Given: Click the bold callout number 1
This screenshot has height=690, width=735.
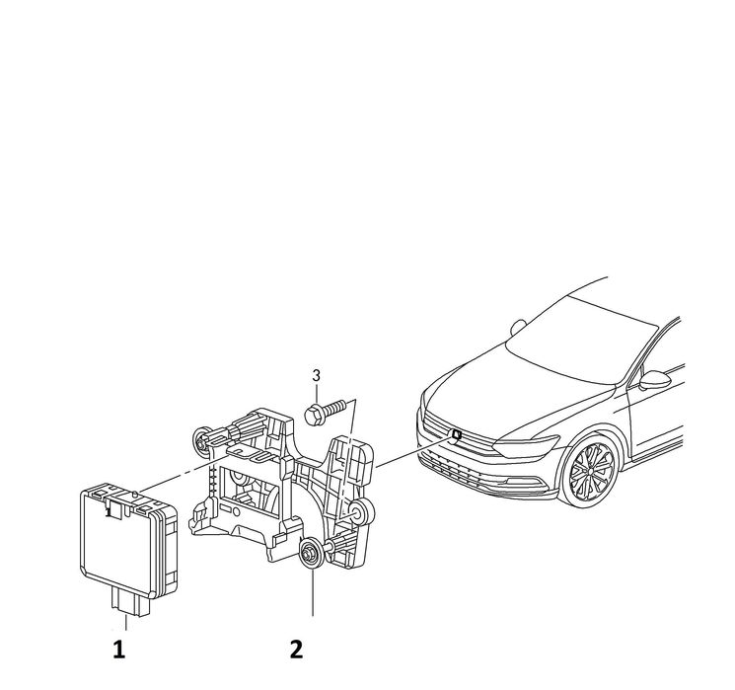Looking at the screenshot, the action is [x=119, y=650].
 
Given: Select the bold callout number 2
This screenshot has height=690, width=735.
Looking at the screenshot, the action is [x=297, y=650].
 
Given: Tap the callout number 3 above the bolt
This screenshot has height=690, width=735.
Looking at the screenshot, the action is [x=317, y=376].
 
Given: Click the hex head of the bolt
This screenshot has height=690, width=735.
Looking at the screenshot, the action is [x=313, y=415].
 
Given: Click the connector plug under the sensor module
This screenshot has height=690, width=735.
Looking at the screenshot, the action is [x=130, y=602].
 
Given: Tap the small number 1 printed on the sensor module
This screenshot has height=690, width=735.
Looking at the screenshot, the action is [x=109, y=512].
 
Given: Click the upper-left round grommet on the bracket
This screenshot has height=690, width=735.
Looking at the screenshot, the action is [x=201, y=440].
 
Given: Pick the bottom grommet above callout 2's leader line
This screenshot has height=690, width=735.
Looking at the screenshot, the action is [x=311, y=554].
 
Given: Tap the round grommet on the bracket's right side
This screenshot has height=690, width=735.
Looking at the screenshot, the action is [x=361, y=511].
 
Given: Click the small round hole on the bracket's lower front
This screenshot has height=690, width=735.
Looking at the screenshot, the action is [x=236, y=511].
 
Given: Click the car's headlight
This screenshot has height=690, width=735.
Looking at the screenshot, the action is [x=528, y=445].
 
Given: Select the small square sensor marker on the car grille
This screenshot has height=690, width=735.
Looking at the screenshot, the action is [x=455, y=434].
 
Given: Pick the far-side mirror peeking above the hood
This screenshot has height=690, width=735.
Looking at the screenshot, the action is [x=518, y=327].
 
